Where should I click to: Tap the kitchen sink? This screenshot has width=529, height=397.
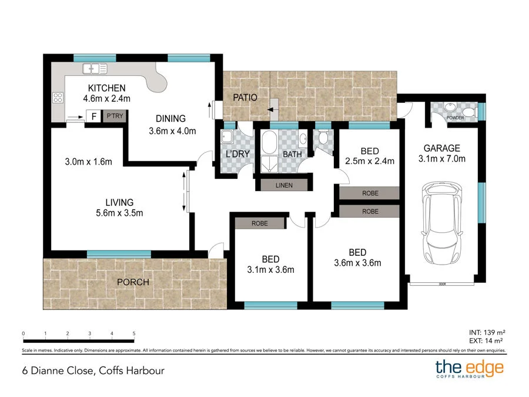point(95,69)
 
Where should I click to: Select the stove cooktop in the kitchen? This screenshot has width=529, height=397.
point(58,98)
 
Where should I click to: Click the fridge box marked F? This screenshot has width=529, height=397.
point(93,116)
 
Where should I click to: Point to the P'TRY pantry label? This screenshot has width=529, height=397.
point(114,116)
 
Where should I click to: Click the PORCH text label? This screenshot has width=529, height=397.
point(133,282)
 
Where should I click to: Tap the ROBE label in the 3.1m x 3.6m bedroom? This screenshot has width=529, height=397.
point(259,223)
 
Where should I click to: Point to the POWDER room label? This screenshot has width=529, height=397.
point(455,118)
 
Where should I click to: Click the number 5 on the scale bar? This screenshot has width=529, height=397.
point(134,333)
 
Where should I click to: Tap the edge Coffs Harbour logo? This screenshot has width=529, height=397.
point(469,369)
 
